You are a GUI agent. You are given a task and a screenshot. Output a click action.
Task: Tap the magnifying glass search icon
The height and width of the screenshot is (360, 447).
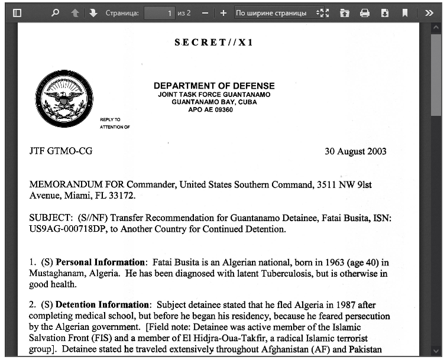click(55, 12)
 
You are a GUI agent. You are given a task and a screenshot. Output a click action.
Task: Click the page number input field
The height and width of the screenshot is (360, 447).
click(160, 12)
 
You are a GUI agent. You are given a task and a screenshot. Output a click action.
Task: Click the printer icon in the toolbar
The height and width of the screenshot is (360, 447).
click(364, 12)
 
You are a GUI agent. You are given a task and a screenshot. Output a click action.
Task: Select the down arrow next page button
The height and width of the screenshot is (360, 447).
click(93, 12)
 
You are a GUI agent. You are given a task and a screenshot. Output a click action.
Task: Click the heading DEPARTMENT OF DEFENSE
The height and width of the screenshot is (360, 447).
click(214, 86)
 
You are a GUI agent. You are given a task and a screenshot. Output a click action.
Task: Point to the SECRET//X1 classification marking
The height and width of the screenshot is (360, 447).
click(214, 43)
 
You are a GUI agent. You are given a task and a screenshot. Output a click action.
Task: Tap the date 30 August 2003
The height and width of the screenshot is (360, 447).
click(355, 151)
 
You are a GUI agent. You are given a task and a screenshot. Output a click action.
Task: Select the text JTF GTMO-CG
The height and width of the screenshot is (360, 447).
click(61, 151)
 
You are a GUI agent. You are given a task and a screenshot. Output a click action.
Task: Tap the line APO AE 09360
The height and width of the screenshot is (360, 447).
click(210, 109)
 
